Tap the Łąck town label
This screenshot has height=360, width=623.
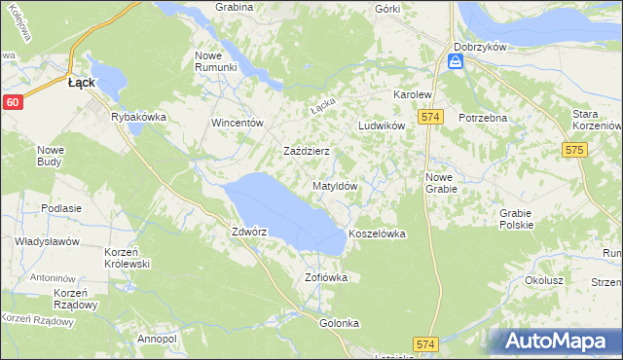coord(81,84)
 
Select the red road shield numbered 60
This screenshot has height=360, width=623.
coord(12,101)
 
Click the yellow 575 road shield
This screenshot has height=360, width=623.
coord(573,150)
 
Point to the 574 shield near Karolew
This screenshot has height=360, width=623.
coord(433,117)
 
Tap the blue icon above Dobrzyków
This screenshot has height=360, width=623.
coord(456,62)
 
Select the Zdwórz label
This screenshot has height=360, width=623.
coord(249,233)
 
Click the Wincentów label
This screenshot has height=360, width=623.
coord(238,124)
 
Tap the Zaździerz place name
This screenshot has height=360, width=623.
coord(307,152)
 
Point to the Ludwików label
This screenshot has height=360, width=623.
coord(381,126)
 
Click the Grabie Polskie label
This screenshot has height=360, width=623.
coord(516,219)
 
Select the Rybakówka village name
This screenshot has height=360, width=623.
coord(139,117)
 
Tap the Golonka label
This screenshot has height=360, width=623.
coord(339,322)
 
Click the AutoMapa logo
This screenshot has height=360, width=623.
coord(558,342)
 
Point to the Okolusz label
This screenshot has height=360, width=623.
coord(544,279)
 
